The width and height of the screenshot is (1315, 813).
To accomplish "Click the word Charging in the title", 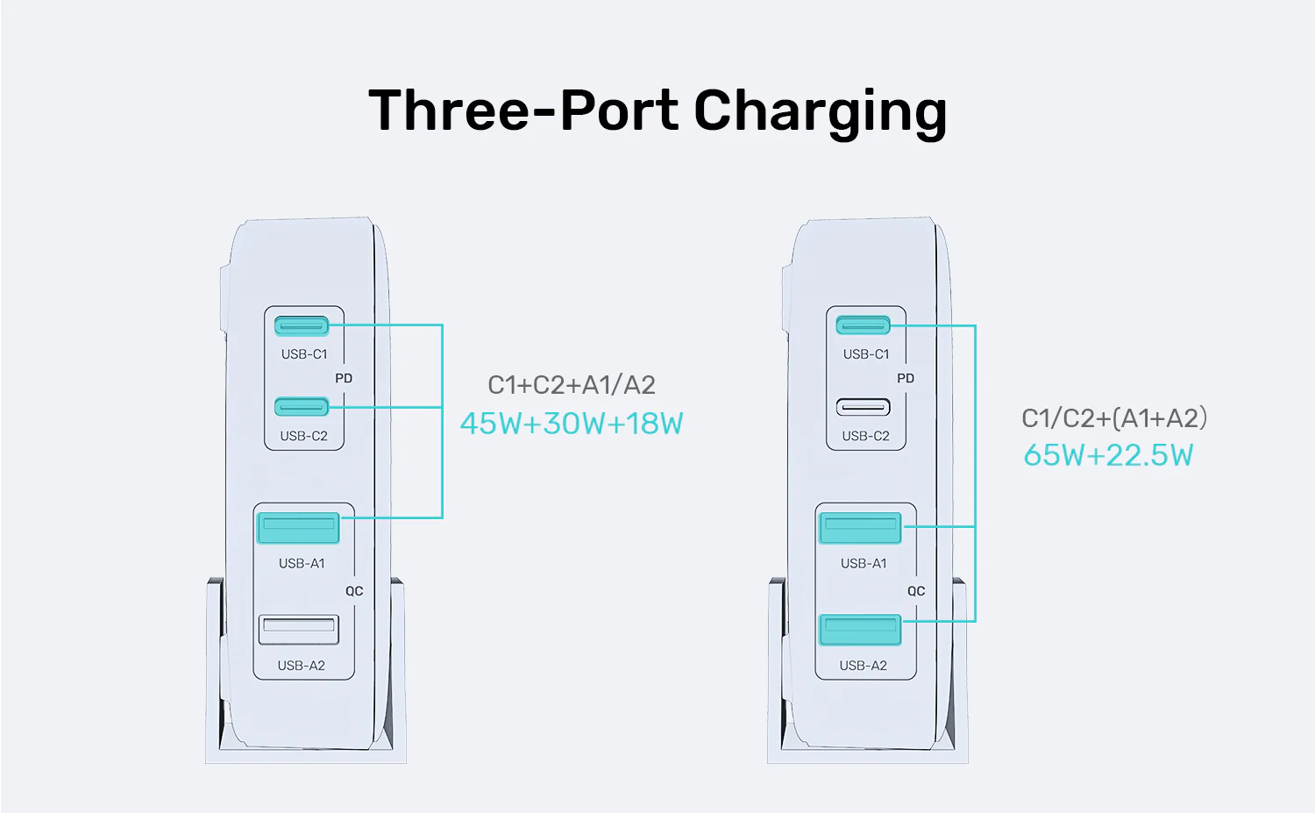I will point(820,112).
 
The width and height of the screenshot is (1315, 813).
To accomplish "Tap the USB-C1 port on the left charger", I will point(302,326).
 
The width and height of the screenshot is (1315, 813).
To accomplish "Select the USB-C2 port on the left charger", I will point(302,407).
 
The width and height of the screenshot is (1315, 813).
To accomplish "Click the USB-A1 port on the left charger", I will point(298,528).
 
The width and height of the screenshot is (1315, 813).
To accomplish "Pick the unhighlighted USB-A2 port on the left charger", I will point(298,629).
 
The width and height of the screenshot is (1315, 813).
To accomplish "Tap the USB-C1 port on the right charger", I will point(864,326).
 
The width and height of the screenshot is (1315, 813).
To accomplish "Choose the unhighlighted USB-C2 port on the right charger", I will point(864,407).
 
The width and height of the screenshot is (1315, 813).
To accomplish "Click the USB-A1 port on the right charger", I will point(860,528).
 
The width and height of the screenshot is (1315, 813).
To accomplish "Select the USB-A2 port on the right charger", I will point(860,629).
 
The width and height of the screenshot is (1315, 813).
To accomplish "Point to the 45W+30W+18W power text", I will point(572,424).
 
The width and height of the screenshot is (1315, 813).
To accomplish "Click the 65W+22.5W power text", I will point(1108,455).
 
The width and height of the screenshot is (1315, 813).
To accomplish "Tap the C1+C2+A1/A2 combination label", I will point(572,385).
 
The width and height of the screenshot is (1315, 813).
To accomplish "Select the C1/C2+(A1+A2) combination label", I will point(1114,418).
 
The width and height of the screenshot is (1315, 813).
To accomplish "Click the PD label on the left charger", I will point(344,378).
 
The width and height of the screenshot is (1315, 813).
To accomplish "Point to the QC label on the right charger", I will point(916,591).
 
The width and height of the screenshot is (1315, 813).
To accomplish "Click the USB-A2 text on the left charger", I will point(302,666).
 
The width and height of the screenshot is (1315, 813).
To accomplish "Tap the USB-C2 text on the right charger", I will point(865,436).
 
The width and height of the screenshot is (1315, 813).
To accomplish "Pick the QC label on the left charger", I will point(354,591).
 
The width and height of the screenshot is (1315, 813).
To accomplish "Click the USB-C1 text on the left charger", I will point(304,354).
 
